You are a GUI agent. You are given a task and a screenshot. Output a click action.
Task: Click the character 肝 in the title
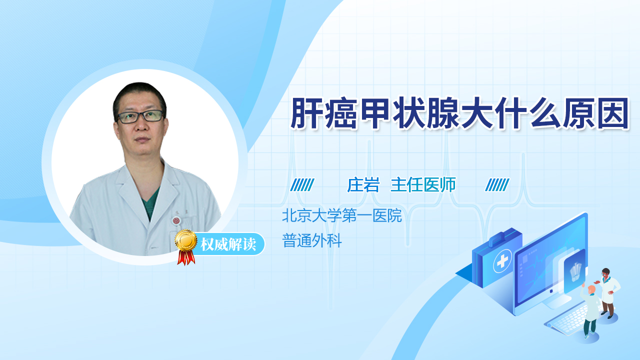click(306, 113)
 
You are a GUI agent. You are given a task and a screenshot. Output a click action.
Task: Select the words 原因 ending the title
click(596, 113)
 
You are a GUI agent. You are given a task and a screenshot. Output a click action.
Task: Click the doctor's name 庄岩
click(363, 185)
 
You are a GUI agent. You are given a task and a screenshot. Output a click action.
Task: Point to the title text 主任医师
click(423, 185)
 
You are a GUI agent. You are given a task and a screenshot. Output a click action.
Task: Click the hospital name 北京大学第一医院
click(342, 215)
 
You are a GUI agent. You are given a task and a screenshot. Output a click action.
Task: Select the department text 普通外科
click(312, 240)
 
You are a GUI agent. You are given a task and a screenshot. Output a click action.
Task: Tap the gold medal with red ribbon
click(186, 247)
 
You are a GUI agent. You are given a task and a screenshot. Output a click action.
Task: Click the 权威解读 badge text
click(228, 244)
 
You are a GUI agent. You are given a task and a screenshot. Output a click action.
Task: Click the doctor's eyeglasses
click(140, 116)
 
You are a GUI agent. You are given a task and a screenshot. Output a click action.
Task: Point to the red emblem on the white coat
click(176, 220)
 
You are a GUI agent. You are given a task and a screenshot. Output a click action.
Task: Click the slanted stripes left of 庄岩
click(302, 185)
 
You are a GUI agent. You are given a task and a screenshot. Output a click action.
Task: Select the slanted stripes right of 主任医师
click(497, 185)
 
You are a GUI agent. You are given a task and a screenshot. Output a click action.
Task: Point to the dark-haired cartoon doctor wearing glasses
click(608, 293)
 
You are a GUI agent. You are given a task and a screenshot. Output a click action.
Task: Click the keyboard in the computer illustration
click(567, 321)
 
